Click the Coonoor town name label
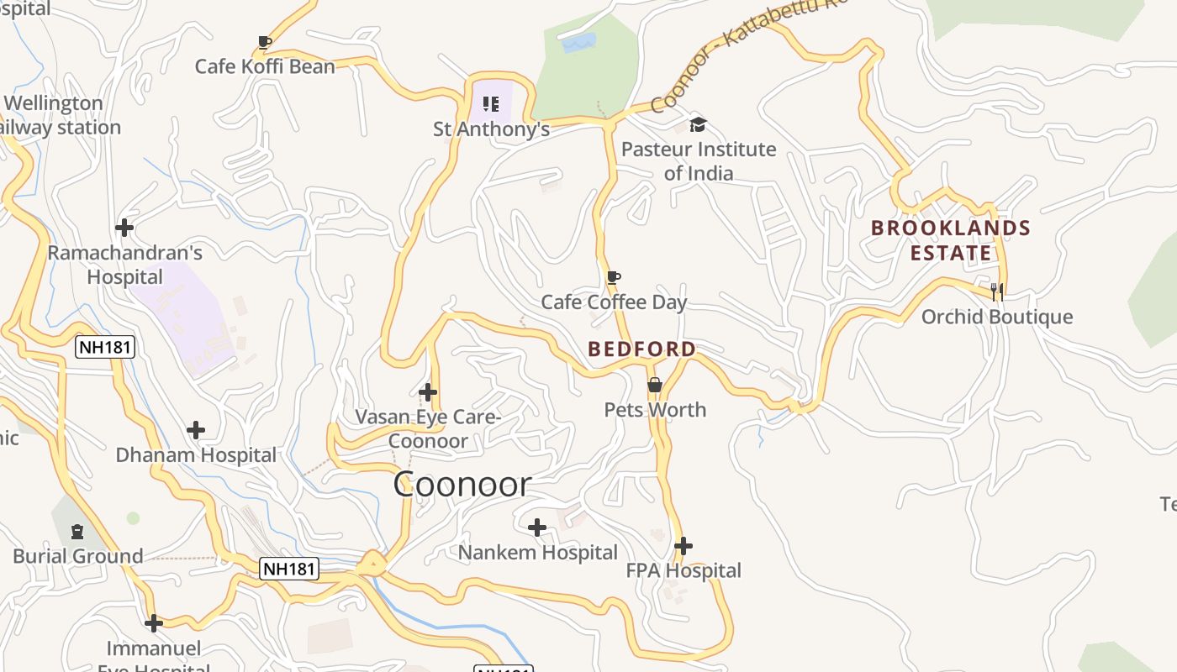[x=462, y=484]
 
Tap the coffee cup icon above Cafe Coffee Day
[x=614, y=277]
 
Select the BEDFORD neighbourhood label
[x=641, y=349]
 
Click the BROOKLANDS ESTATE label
[x=950, y=240]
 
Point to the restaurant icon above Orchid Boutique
[x=997, y=291]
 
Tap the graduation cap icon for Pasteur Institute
[x=698, y=125]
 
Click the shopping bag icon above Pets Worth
[x=655, y=385]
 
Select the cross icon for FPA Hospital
[x=684, y=546]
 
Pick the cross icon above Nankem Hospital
[x=537, y=528]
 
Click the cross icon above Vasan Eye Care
[x=428, y=391]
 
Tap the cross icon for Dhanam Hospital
[x=196, y=430]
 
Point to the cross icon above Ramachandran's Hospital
[x=124, y=227]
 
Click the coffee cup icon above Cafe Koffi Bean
[x=265, y=42]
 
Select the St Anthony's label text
[x=491, y=129]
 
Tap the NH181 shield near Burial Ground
[x=289, y=569]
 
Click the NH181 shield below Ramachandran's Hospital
[x=105, y=347]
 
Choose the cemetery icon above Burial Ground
[x=77, y=531]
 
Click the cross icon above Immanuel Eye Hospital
[x=154, y=623]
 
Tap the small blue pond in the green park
[x=578, y=42]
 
